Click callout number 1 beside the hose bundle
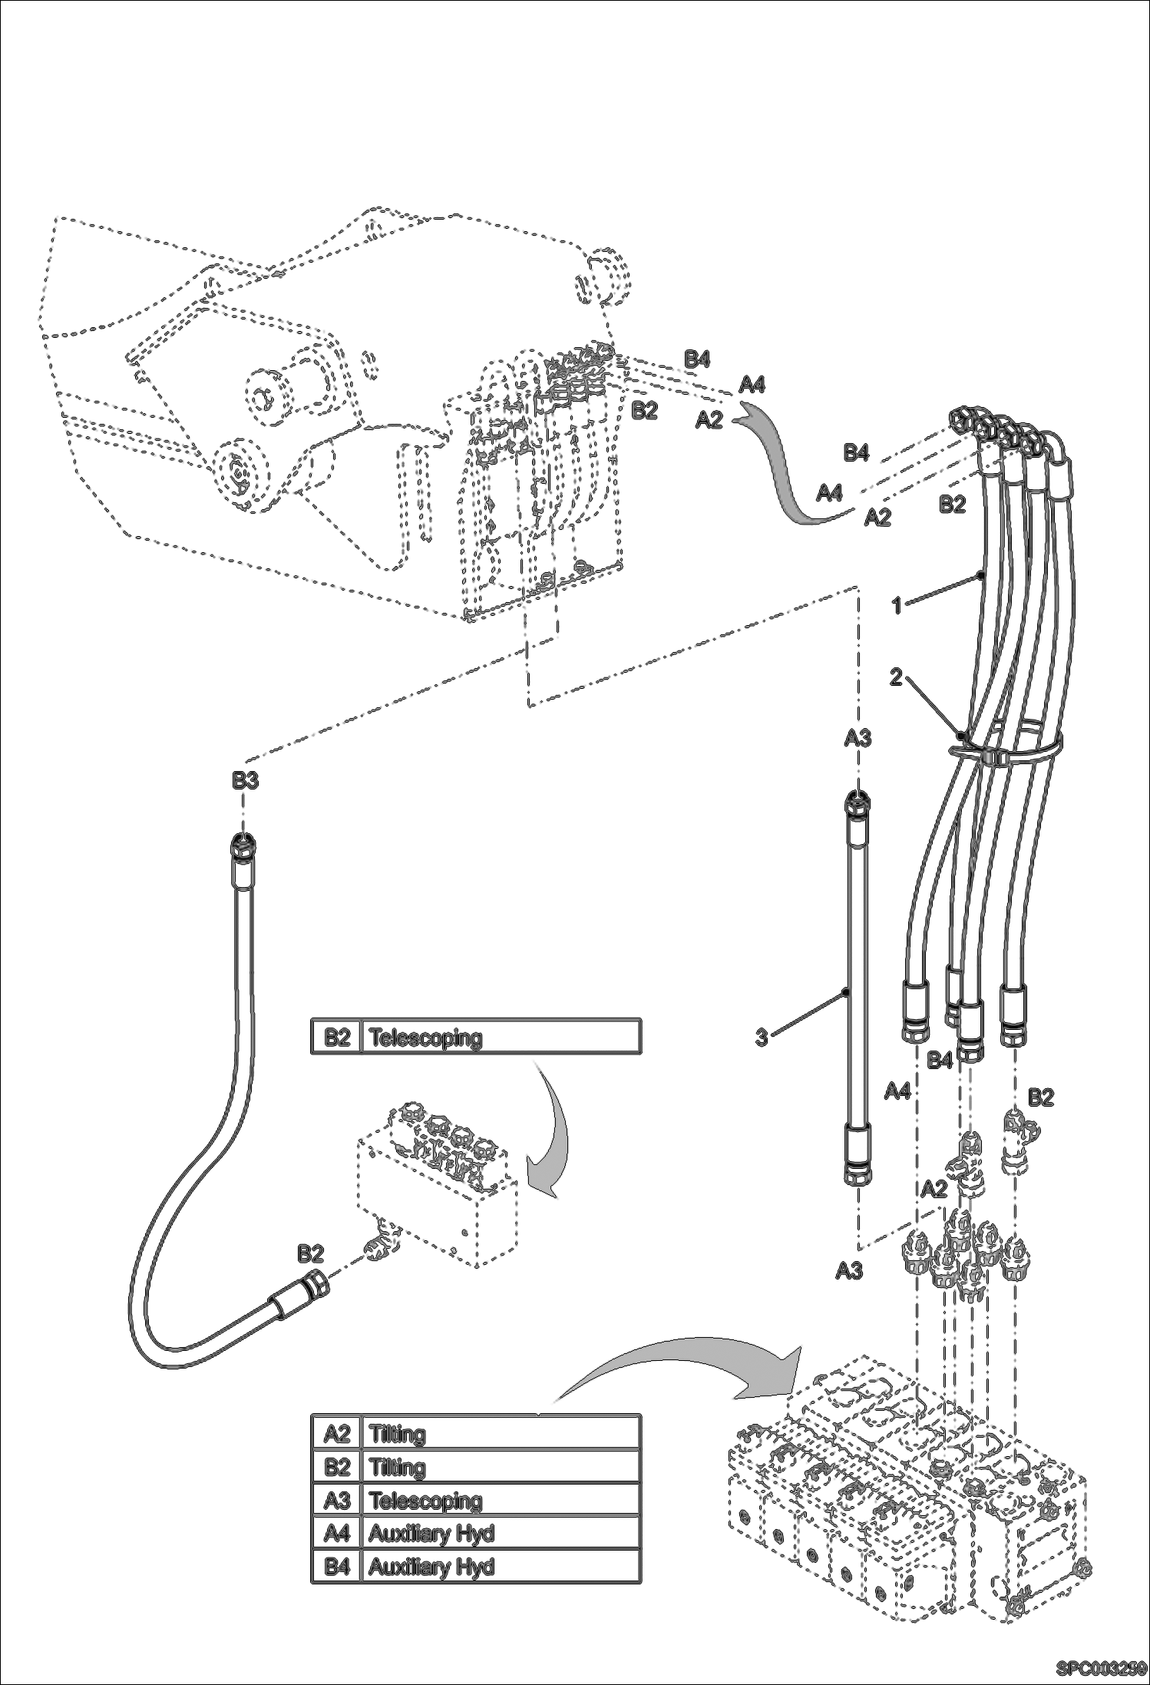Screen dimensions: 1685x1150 (896, 605)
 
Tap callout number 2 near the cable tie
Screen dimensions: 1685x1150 (896, 677)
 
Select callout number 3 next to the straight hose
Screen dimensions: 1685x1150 (762, 1038)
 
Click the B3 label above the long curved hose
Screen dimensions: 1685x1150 (246, 781)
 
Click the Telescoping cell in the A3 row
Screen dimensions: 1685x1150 (425, 1500)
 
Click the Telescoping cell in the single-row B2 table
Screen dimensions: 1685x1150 (425, 1038)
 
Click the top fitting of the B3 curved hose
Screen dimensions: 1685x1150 (243, 849)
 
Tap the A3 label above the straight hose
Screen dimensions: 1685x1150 (858, 738)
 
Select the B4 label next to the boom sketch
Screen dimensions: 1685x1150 (697, 359)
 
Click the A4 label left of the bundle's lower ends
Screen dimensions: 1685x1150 (897, 1091)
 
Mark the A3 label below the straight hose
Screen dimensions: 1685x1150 (849, 1271)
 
